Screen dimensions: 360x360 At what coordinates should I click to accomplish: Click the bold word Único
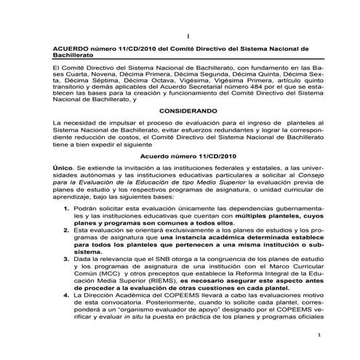tap(54, 167)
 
